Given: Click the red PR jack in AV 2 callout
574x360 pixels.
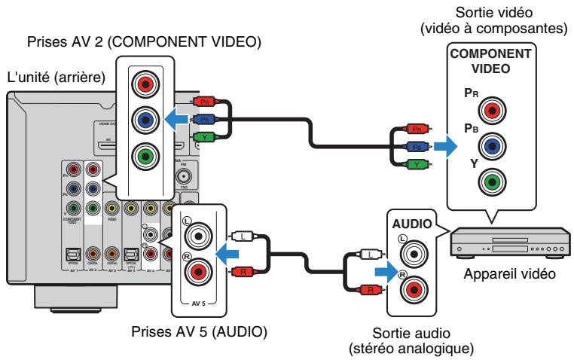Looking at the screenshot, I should coord(145,80).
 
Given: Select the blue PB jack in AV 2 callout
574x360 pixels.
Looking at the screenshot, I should coord(145,117).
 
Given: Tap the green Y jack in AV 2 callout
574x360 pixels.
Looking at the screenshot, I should coord(145,156).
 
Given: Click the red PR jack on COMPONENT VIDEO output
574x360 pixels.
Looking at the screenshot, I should coord(493,111).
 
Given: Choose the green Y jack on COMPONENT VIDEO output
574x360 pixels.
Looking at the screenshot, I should coord(493,182).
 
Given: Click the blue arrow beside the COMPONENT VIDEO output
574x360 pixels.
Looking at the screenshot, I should coord(446,145).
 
